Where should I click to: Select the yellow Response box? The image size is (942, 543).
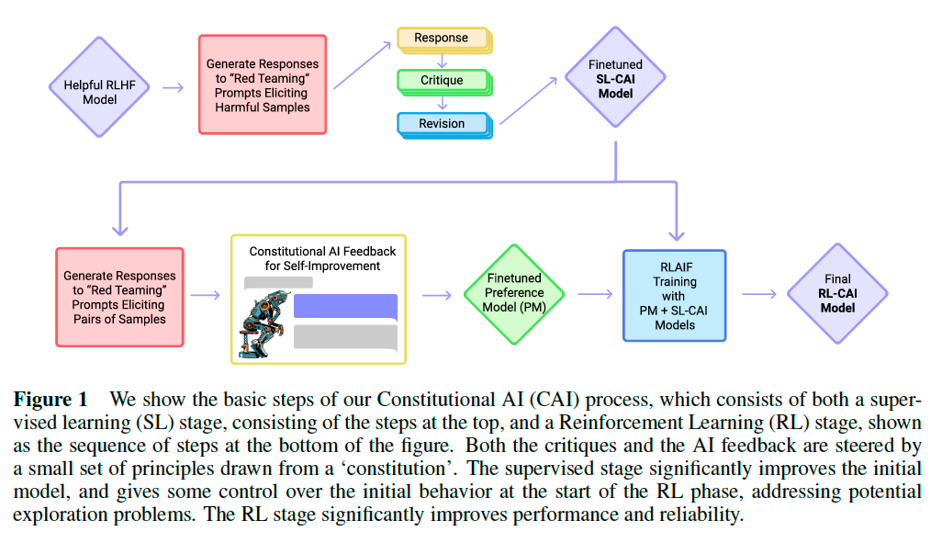coord(443,39)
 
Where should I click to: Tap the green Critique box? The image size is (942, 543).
coord(443,80)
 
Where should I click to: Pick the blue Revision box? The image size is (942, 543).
coord(443,123)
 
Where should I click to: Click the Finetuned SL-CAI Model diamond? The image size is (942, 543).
coord(614,79)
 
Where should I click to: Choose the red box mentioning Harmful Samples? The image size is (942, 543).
coord(263,85)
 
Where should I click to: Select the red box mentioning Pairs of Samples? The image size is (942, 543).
coord(119,296)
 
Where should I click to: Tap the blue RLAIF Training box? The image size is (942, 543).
coord(675,295)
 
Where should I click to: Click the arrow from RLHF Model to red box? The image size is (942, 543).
coord(173,87)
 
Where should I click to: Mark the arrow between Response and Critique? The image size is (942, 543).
coord(442,59)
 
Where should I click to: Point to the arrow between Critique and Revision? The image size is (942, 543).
coord(442,101)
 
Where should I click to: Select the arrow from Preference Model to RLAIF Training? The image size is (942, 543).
coord(595,294)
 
